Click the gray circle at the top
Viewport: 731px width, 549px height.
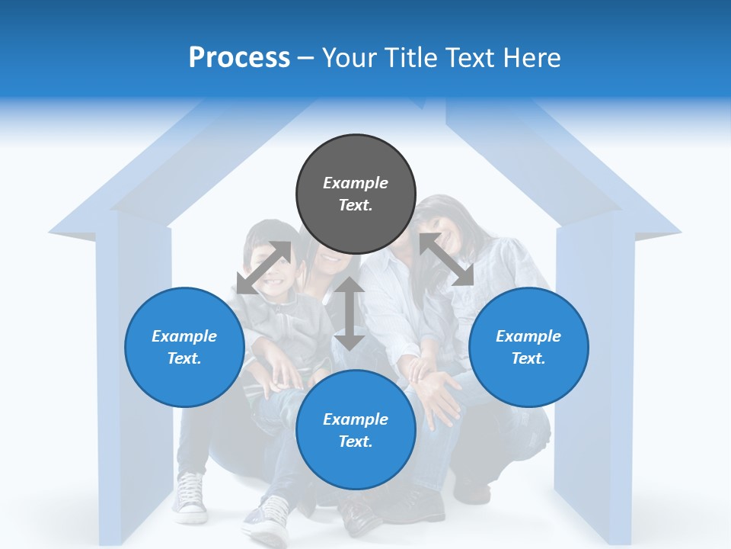(x=356, y=194)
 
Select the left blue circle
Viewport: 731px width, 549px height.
(x=184, y=347)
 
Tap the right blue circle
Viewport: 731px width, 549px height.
(x=528, y=347)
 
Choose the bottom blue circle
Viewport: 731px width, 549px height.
(x=356, y=430)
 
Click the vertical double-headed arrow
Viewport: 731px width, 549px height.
(x=350, y=313)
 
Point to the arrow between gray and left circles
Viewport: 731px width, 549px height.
(x=263, y=268)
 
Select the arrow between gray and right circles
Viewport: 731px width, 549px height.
(x=446, y=260)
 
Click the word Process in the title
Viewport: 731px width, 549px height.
(x=239, y=57)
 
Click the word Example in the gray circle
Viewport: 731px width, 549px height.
(x=356, y=183)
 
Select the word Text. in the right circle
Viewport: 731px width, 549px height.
(x=528, y=358)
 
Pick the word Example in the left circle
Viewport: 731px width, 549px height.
(x=184, y=336)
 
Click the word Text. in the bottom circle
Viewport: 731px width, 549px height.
(x=356, y=441)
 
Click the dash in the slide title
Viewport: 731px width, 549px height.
(x=305, y=58)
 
